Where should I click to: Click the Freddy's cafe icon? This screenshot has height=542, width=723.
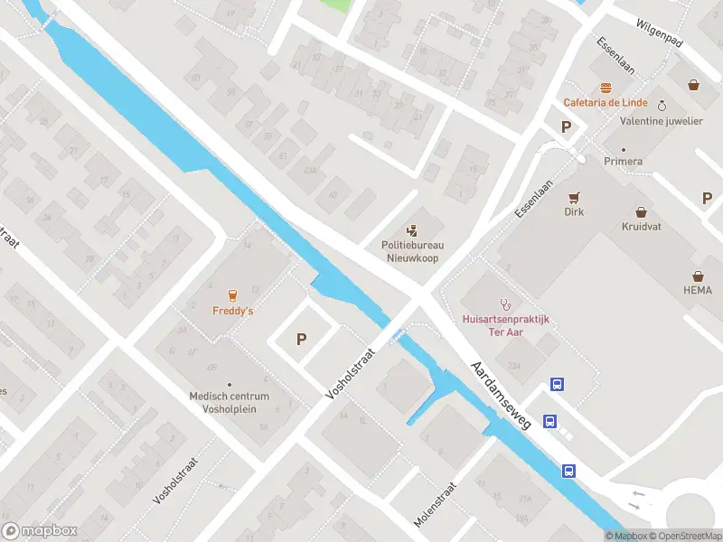[232, 294]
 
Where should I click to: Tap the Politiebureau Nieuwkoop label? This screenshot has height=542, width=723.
[411, 250]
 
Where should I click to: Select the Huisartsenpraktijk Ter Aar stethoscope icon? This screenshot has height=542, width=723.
[505, 304]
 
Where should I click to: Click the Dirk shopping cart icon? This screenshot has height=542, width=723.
[573, 197]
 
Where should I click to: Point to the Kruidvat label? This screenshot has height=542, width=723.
[641, 227]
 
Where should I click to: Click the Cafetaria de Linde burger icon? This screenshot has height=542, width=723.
[604, 88]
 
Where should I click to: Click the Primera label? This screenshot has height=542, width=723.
[624, 161]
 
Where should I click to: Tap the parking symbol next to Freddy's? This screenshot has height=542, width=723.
[302, 340]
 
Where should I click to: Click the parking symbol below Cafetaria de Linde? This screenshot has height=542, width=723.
[567, 127]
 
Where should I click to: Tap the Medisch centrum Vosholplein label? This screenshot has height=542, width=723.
[229, 402]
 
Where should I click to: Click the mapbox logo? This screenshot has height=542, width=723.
[40, 531]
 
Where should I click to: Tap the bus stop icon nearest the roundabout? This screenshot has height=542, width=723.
[569, 471]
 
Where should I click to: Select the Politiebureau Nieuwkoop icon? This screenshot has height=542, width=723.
[412, 229]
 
